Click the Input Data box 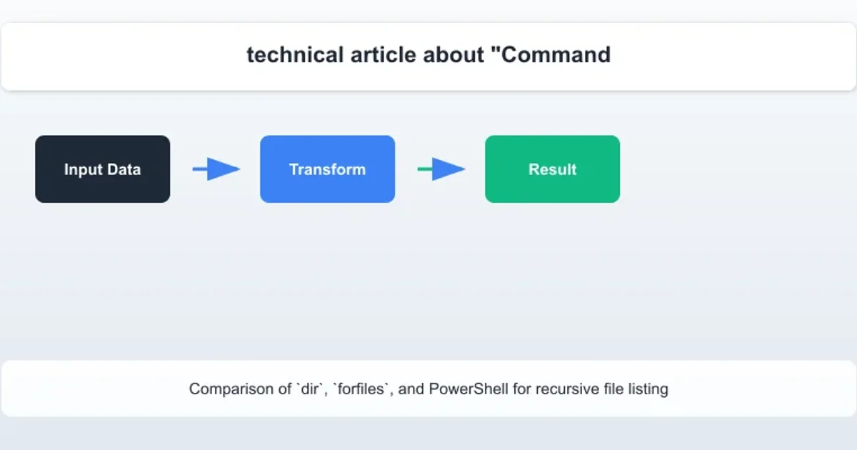(x=103, y=169)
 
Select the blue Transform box (x=328, y=169)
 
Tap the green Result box (x=553, y=169)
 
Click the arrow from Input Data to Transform (x=216, y=169)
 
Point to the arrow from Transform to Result (x=441, y=169)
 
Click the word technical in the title (x=295, y=55)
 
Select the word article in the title (x=384, y=55)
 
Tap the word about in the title (x=453, y=55)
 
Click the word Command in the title (x=551, y=55)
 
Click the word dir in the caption (x=309, y=389)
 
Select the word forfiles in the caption (x=361, y=389)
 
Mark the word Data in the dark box (x=124, y=169)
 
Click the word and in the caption (x=411, y=389)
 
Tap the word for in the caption (x=522, y=389)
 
